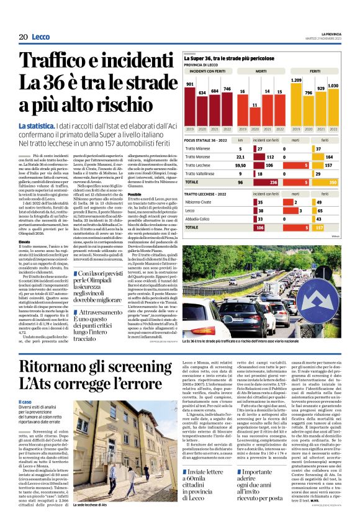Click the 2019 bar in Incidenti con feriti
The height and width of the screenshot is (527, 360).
[190, 106]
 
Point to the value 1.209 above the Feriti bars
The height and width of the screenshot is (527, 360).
[296, 81]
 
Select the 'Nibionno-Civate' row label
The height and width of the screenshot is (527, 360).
[201, 202]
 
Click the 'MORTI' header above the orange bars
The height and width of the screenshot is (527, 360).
[261, 72]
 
